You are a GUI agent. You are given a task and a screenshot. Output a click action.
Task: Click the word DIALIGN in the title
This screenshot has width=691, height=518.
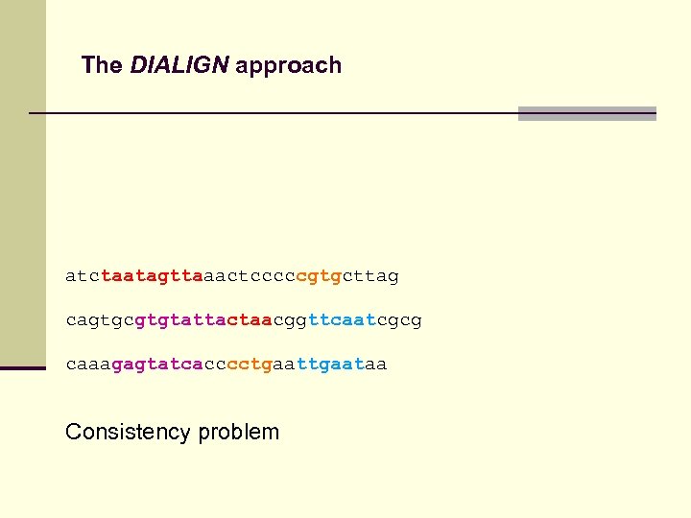(179, 65)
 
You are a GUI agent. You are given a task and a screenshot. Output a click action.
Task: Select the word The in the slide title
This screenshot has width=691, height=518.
(102, 65)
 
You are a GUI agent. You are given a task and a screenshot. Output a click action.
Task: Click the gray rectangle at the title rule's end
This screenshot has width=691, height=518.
(586, 113)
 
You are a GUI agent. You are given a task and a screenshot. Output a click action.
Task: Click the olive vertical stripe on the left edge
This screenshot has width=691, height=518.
(22, 192)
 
